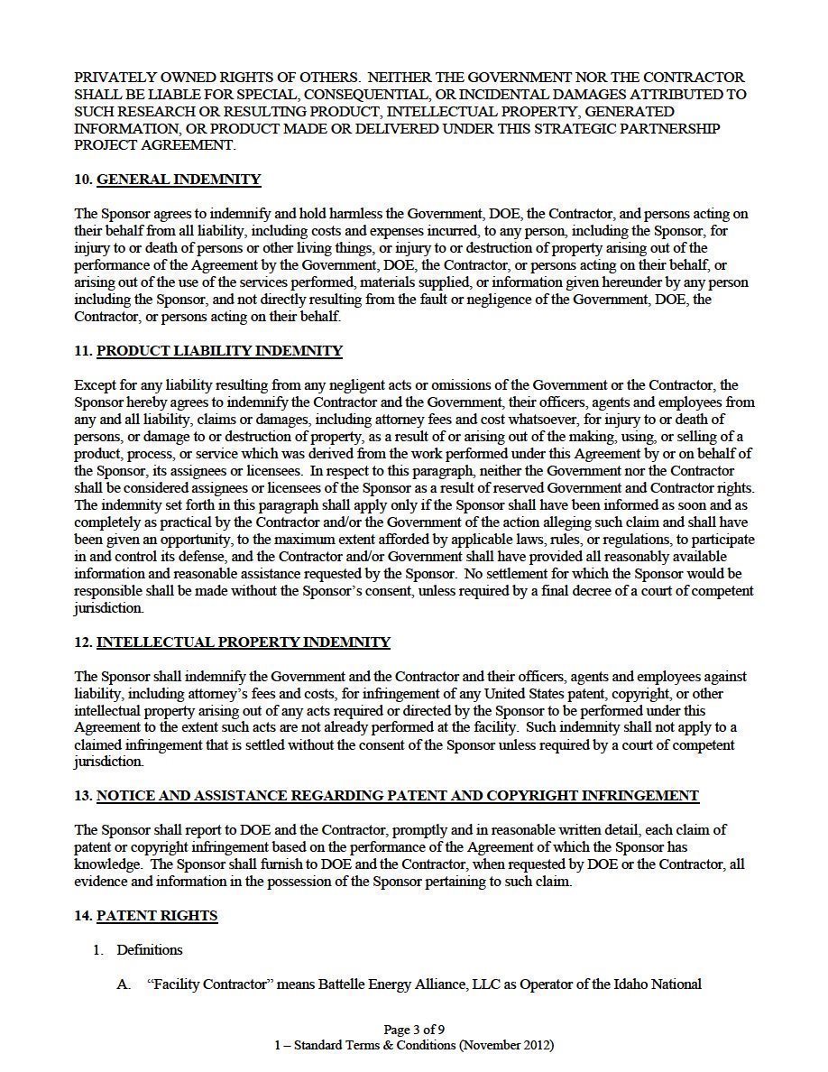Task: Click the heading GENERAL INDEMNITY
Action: coord(179,180)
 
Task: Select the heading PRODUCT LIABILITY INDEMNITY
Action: coord(219,351)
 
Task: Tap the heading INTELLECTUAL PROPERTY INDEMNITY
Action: coord(244,642)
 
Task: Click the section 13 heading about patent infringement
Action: coord(398,796)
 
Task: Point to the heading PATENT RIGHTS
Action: coord(157,916)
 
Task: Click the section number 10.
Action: coord(83,180)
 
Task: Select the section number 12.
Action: coord(83,642)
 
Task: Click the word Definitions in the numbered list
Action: coord(150,950)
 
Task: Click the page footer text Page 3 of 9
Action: coord(414,1030)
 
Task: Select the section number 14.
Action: coord(83,916)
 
